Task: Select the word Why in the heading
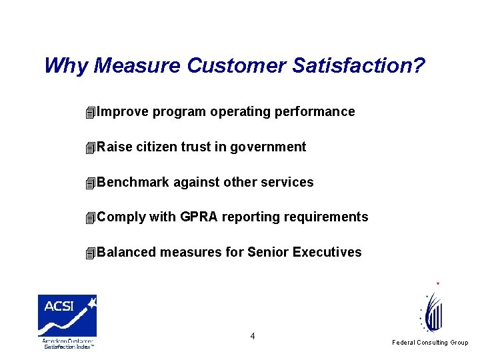click(x=67, y=66)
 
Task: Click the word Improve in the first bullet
click(x=123, y=112)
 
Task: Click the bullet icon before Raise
click(x=91, y=148)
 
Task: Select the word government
click(x=268, y=147)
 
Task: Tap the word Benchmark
click(x=133, y=183)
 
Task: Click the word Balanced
click(x=127, y=253)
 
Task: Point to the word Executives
click(x=327, y=253)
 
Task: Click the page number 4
click(x=252, y=336)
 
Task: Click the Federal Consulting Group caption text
click(x=430, y=343)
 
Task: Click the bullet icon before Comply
click(x=91, y=218)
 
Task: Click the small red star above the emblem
click(x=437, y=284)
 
